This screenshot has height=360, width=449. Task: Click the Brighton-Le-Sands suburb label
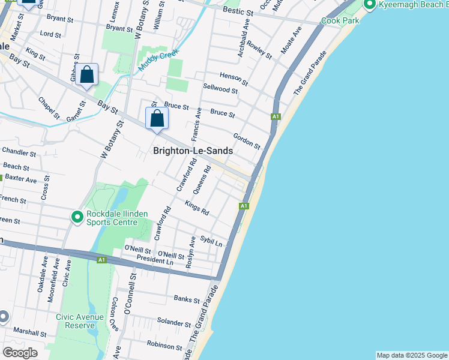[193, 151]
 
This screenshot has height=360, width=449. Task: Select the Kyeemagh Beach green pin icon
[369, 5]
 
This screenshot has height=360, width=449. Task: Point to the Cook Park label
[340, 20]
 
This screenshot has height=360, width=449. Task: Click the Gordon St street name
[247, 142]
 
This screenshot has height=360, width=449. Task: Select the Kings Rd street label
[197, 209]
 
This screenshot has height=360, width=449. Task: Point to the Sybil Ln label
[211, 241]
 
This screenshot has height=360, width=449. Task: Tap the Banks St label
[186, 299]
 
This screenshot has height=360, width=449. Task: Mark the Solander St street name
[173, 322]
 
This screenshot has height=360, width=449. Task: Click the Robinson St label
[164, 346]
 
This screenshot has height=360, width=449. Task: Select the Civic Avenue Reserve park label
[80, 321]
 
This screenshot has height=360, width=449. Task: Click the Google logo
[20, 353]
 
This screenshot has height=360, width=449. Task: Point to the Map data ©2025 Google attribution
[411, 355]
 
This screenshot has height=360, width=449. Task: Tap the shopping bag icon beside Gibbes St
[87, 76]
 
